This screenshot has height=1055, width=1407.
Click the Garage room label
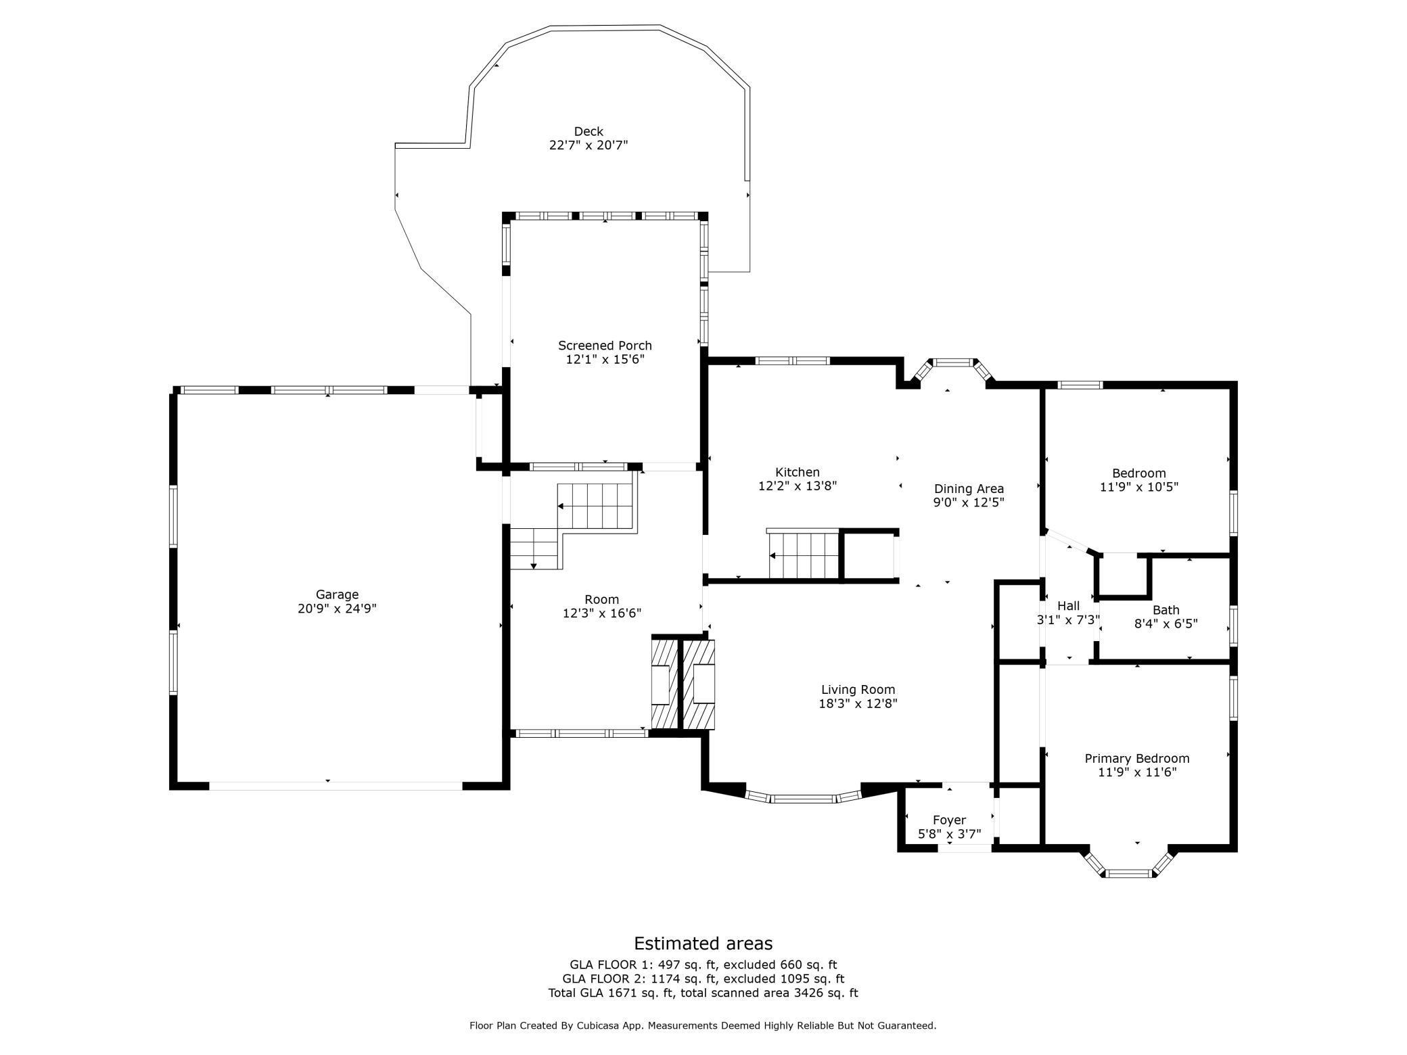coord(337,595)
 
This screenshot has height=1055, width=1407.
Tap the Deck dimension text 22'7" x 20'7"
coord(589,145)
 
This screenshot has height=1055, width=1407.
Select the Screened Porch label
coord(605,346)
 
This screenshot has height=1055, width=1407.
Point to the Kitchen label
coord(798,472)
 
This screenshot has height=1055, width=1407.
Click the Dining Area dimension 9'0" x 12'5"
coord(969,502)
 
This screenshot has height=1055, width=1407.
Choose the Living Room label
coord(858,690)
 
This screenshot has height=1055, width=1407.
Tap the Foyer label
coord(949,820)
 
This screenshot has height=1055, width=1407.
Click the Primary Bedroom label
coord(1137,759)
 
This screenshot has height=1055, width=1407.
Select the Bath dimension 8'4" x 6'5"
coord(1166,624)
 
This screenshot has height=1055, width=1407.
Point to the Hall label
coord(1068,606)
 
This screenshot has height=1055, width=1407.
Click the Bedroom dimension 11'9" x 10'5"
coord(1139,487)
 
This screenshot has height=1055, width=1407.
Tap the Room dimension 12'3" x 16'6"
coord(602,613)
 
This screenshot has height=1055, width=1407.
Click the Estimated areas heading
coord(703,943)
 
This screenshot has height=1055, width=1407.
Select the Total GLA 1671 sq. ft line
coord(703,993)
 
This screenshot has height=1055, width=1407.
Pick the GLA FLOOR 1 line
coord(703,965)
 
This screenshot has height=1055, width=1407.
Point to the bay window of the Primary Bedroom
coord(1129,862)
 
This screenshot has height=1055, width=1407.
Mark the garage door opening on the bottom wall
coord(336,786)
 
